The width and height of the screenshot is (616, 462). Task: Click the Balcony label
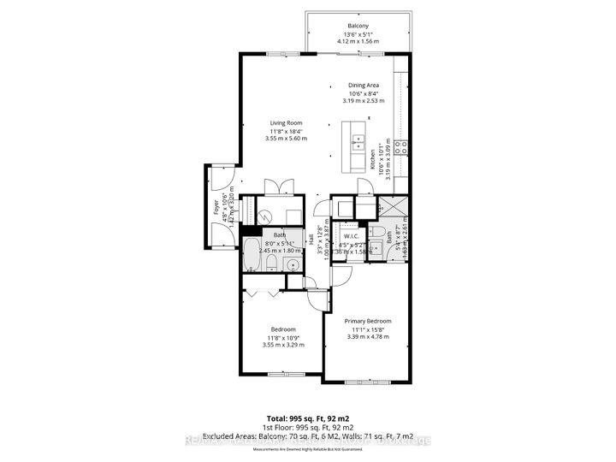[358, 26]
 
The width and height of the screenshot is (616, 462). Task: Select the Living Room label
[286, 122]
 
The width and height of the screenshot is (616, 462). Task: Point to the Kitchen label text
[373, 157]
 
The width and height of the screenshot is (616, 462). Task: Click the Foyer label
[217, 209]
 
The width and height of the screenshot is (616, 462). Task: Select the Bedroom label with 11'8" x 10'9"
[283, 329]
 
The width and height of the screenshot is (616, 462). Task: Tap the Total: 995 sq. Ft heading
[308, 418]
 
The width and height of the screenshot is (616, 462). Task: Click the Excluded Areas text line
[308, 437]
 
